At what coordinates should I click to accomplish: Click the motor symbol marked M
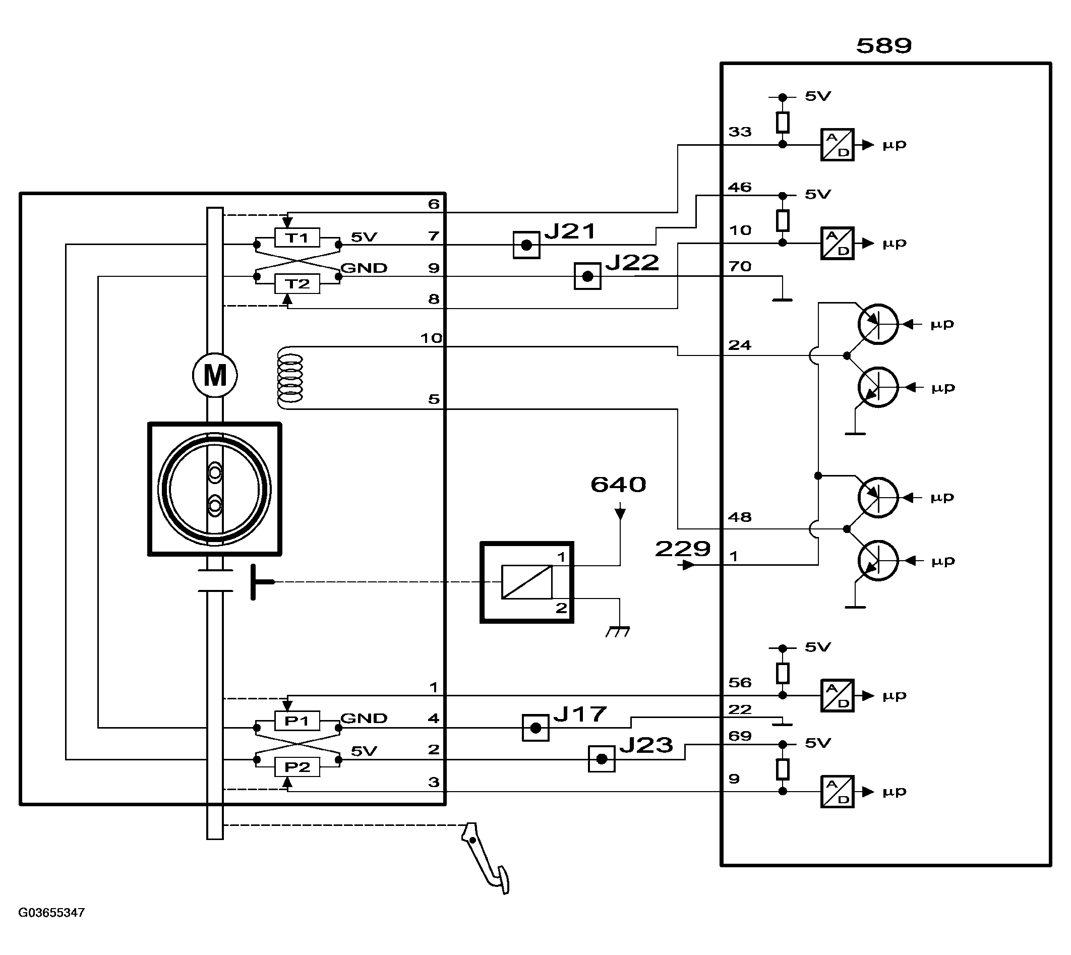click(x=215, y=375)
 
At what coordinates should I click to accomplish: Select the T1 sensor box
click(x=297, y=237)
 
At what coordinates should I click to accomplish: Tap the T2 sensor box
click(x=297, y=284)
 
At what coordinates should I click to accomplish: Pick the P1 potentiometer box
click(x=297, y=721)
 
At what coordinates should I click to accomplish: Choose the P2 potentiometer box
click(x=297, y=767)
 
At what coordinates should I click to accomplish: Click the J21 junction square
click(x=526, y=245)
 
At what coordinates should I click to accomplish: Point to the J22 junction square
click(x=588, y=276)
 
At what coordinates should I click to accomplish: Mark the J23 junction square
click(x=602, y=759)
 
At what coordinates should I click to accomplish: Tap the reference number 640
click(x=618, y=485)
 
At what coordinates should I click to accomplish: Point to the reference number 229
click(x=683, y=549)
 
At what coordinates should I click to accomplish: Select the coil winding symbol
click(x=289, y=378)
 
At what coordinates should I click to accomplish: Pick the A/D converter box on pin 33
click(x=838, y=145)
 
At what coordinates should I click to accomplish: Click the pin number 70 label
click(x=740, y=267)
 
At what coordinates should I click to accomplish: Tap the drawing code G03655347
click(x=51, y=913)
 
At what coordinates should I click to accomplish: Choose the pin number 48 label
click(x=740, y=517)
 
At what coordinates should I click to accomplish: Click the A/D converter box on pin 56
click(x=838, y=696)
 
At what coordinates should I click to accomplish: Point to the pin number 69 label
click(x=740, y=736)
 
